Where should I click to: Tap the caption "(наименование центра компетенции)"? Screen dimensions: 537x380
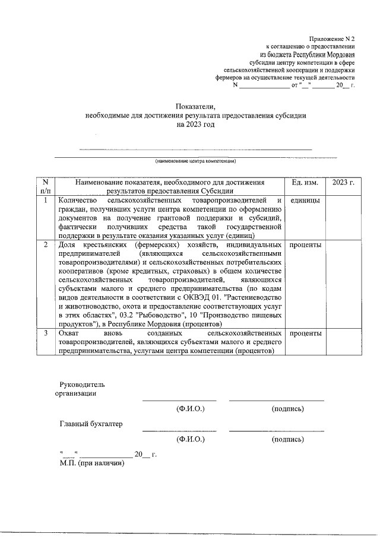click(196, 161)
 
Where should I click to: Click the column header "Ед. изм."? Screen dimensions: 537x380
click(305, 183)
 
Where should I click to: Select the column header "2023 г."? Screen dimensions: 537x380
click(343, 183)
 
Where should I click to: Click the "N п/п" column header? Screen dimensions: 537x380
click(45, 187)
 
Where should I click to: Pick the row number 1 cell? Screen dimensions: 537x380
click(45, 201)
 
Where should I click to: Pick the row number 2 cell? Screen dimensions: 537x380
click(45, 245)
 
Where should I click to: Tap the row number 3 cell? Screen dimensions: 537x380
click(45, 333)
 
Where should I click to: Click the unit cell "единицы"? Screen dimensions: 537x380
click(305, 201)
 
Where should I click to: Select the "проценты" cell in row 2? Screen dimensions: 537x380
click(305, 245)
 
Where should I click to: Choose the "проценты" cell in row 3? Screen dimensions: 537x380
click(305, 333)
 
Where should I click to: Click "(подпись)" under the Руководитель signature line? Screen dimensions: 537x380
click(288, 409)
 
